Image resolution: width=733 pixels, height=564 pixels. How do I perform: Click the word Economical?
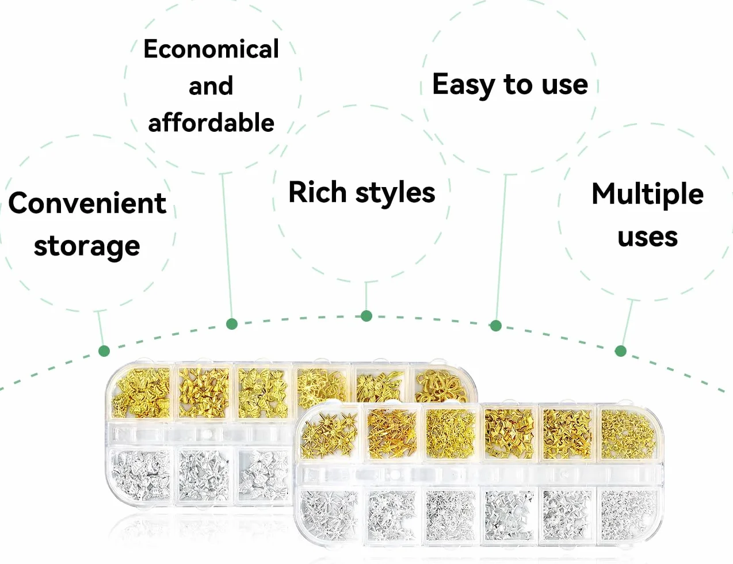211,49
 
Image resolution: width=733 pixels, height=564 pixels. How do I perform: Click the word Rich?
318,192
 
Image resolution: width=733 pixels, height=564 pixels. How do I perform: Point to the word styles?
395,193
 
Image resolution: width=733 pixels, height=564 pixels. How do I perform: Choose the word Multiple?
648,195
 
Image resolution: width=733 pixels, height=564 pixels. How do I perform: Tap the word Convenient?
87,203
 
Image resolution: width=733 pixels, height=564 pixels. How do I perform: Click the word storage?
87,247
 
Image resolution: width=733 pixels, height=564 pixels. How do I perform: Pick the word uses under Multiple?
648,238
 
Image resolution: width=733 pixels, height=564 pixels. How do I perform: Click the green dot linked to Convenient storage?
104,351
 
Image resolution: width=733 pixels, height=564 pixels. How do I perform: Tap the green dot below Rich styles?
367,316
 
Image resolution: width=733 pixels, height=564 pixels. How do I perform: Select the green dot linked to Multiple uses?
621,351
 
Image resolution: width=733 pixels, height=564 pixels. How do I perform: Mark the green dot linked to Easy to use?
495,326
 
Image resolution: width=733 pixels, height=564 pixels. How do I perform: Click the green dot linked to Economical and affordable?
232,324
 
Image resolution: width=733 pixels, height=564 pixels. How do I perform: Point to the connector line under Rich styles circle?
367,296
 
